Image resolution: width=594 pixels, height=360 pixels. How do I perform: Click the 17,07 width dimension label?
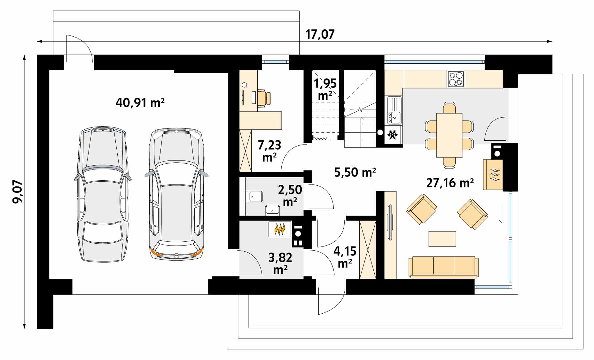pyautogui.click(x=320, y=34)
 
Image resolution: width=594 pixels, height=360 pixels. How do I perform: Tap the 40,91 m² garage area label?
pyautogui.click(x=140, y=102)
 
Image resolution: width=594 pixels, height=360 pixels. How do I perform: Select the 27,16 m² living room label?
pyautogui.click(x=450, y=183)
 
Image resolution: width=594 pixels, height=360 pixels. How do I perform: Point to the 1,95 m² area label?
pyautogui.click(x=325, y=89)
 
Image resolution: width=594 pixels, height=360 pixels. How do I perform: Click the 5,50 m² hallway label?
pyautogui.click(x=355, y=172)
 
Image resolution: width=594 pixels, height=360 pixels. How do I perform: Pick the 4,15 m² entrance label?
pyautogui.click(x=345, y=257)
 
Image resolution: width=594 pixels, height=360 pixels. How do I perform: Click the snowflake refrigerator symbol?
pyautogui.click(x=392, y=135)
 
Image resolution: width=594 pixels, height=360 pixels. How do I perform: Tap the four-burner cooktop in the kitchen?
pyautogui.click(x=456, y=79)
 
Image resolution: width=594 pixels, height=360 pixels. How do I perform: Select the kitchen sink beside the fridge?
pyautogui.click(x=394, y=110)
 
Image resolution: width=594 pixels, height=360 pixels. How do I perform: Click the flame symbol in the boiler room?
pyautogui.click(x=280, y=229)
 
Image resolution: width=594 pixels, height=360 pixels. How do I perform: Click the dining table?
pyautogui.click(x=449, y=135)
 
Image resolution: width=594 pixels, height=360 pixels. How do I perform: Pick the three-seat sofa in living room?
pyautogui.click(x=443, y=267)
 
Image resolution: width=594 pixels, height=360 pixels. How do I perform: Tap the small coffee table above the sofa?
pyautogui.click(x=442, y=239)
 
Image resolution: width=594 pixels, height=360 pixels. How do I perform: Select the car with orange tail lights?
pyautogui.click(x=176, y=193)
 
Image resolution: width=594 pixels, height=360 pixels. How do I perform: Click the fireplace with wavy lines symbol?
pyautogui.click(x=493, y=175)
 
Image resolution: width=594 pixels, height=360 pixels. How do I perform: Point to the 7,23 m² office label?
pyautogui.click(x=269, y=151)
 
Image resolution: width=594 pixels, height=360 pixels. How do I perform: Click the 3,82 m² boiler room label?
pyautogui.click(x=280, y=263)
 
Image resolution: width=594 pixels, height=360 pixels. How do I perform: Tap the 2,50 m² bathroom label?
pyautogui.click(x=290, y=195)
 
